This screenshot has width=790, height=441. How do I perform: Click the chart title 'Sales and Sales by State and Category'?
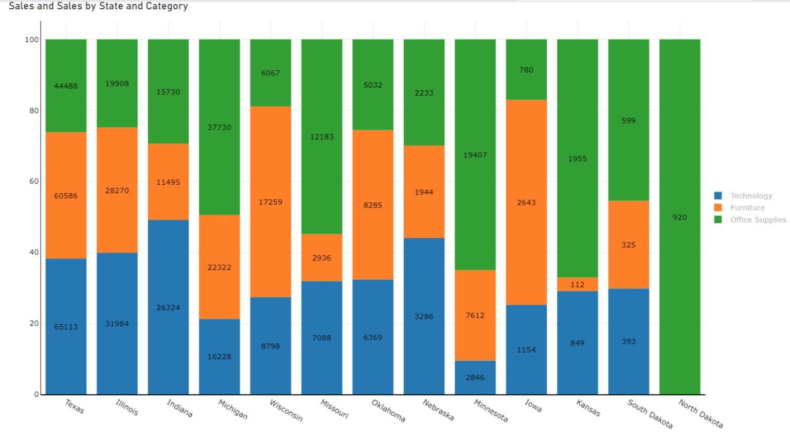98,6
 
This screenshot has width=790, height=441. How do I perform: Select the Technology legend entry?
750,196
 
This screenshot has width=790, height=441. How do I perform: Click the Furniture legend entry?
747,207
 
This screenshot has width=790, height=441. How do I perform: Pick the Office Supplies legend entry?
758,220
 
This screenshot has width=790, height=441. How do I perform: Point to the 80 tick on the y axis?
33,111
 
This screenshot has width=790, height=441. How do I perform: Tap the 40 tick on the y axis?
33,252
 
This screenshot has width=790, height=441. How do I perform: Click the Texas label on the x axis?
75,406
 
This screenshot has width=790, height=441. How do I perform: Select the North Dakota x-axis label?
701,413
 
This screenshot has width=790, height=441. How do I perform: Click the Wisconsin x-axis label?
286,410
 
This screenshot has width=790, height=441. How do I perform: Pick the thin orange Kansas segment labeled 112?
577,285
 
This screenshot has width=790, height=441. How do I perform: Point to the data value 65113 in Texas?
66,327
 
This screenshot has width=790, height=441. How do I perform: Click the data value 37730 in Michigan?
219,127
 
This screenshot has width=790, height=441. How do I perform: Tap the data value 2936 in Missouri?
321,258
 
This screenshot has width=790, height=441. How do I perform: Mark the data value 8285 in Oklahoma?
373,205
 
